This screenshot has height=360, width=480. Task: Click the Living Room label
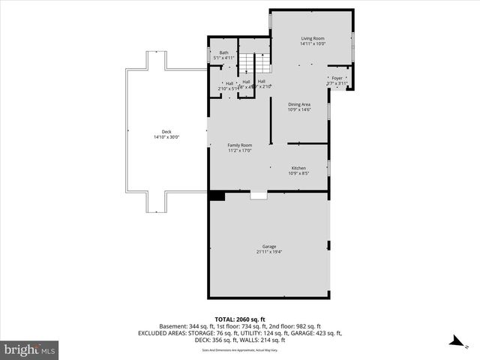[312, 38]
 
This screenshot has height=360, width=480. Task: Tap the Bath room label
[223, 52]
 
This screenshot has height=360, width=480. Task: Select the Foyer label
[337, 78]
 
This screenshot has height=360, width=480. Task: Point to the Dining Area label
[299, 104]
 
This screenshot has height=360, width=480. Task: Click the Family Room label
[239, 145]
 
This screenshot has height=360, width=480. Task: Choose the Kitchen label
[298, 168]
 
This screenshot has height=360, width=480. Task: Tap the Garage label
[268, 247]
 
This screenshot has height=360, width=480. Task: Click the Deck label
[166, 132]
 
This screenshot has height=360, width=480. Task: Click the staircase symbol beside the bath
[260, 63]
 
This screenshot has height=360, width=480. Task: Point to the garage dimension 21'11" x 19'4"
[268, 252]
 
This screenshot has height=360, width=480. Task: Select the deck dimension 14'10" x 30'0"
[166, 137]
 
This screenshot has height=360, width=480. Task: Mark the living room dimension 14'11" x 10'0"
[312, 43]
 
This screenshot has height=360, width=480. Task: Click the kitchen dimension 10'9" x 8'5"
[298, 173]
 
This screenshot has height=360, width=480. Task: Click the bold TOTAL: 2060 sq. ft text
[240, 319]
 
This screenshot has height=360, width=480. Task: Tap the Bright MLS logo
[30, 349]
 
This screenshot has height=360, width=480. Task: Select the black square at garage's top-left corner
[217, 196]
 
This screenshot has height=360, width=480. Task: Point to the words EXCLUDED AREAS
[160, 333]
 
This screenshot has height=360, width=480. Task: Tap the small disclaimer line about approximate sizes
[240, 350]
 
